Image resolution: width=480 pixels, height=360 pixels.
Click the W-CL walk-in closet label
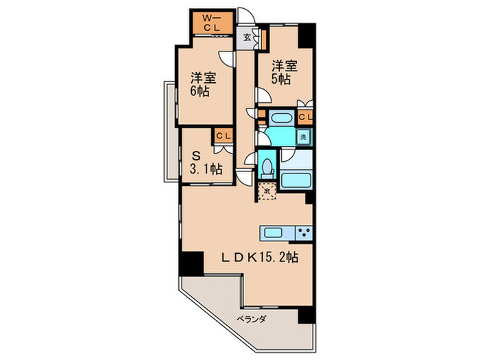[212, 23]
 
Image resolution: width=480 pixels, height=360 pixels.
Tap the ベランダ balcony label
[251, 320]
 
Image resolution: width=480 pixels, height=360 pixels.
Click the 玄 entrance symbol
[246, 38]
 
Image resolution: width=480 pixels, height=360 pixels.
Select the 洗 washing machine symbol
[304, 136]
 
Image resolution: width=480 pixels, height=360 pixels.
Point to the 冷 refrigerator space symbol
[268, 190]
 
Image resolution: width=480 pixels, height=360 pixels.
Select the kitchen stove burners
[303, 230]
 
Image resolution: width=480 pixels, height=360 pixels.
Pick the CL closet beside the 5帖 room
[305, 117]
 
